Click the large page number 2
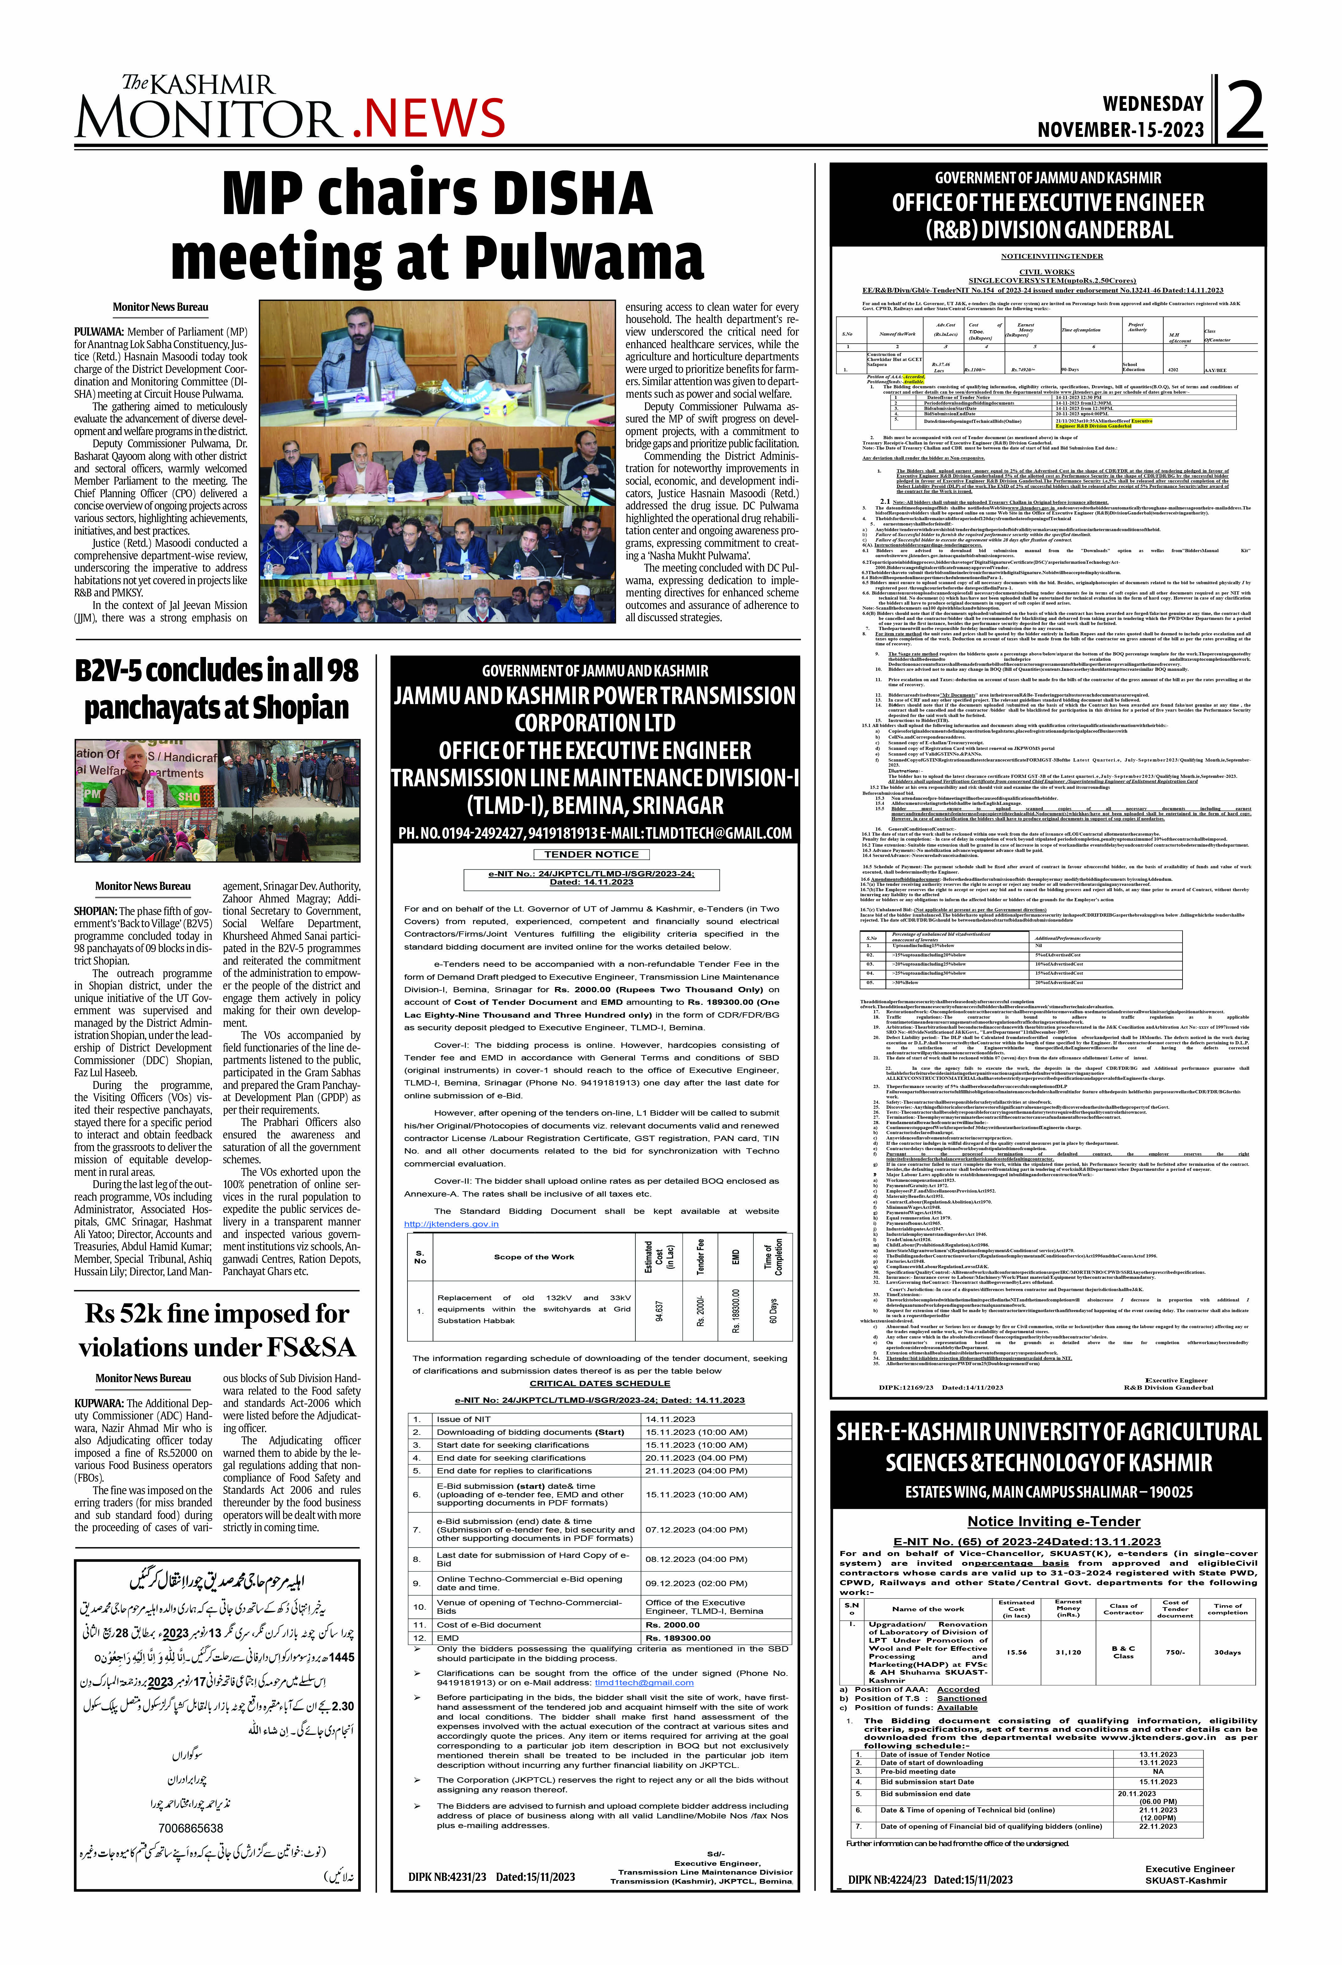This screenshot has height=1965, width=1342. point(1243,110)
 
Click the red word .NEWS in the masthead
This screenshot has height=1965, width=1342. point(429,118)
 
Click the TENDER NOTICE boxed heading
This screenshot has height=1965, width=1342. point(591,855)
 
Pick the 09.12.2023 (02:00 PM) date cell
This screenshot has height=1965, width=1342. point(696,1583)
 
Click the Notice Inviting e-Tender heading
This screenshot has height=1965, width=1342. point(1054,1521)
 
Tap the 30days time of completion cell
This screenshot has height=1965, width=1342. point(1228,1652)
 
